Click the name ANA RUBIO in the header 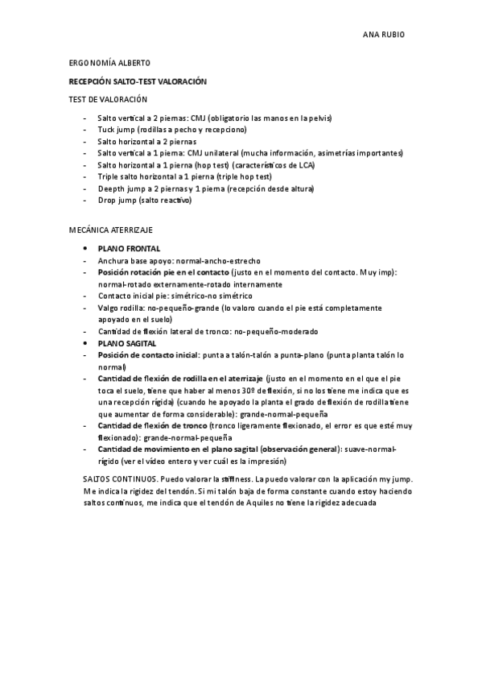tap(384, 35)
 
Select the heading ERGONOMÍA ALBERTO tap(109, 63)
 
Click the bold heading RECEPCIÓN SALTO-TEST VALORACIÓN tap(138, 81)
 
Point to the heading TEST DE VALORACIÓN tap(108, 99)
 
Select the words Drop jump tap(116, 200)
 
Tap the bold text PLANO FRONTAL tap(129, 249)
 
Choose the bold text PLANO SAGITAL tap(127, 343)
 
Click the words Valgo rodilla tap(120, 308)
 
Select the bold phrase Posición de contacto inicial tap(148, 355)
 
